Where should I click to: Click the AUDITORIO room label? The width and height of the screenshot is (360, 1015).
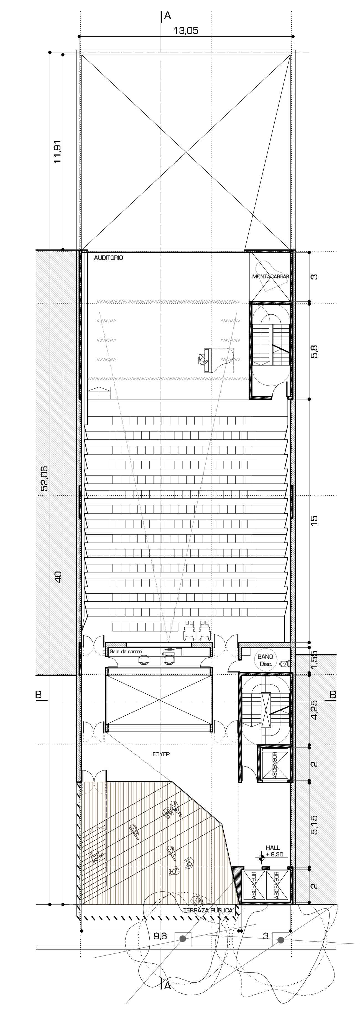tap(108, 258)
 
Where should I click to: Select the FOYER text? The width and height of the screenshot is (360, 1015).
tap(161, 754)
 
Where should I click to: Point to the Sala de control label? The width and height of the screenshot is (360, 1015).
tap(126, 651)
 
